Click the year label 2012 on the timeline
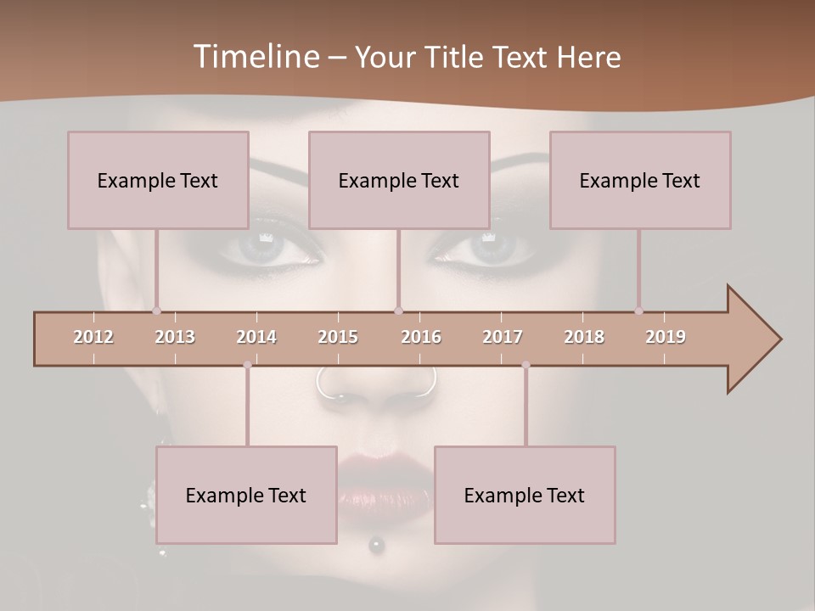click(93, 337)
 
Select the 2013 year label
click(175, 337)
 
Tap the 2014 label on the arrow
click(256, 337)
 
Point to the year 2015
click(338, 337)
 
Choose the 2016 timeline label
click(421, 337)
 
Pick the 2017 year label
click(503, 337)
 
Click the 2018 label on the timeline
click(584, 337)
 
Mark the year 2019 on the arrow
click(666, 337)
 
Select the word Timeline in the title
click(255, 57)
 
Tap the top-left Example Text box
click(158, 180)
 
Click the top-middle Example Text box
click(399, 180)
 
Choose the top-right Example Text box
click(640, 180)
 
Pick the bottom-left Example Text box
click(246, 495)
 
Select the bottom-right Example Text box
click(525, 495)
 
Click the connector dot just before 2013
click(156, 311)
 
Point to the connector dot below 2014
click(247, 365)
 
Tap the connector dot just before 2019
click(638, 311)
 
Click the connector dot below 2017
click(526, 365)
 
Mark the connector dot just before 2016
click(398, 311)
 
